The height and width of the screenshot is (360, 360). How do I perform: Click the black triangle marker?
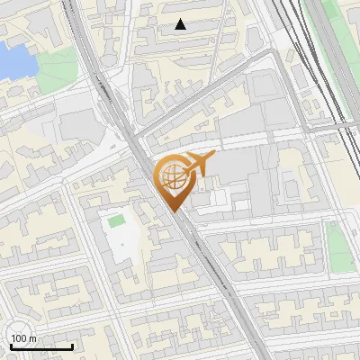point(181,24)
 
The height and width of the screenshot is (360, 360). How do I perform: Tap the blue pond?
point(13,61)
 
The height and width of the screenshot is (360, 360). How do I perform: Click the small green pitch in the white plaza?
point(116,220)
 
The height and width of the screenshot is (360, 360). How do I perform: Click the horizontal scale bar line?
point(40,347)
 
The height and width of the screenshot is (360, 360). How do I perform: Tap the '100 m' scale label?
point(24,338)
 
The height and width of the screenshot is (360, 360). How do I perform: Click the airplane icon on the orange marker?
point(195,164)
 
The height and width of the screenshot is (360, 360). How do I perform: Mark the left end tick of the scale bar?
point(9,346)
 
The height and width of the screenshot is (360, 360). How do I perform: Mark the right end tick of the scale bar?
point(72,346)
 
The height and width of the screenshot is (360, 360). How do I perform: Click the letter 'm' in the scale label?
point(33,338)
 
